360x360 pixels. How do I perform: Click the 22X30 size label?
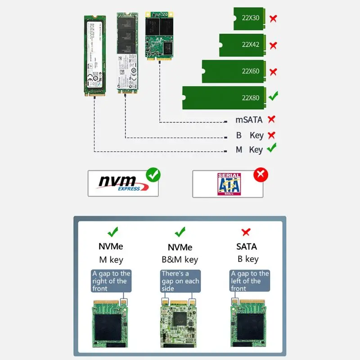(x=250, y=18)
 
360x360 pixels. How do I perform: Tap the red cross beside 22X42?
(x=273, y=45)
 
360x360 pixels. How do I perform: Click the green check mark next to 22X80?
(x=273, y=96)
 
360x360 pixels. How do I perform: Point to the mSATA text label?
(x=249, y=120)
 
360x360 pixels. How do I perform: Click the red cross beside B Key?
(x=271, y=135)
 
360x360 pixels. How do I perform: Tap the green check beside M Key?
(x=271, y=148)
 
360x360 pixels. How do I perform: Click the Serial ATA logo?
(x=229, y=184)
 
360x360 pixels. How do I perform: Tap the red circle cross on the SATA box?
(x=260, y=175)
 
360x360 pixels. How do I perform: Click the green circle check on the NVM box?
(x=153, y=175)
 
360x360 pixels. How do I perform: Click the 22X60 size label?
(x=250, y=71)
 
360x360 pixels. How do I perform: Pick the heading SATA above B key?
(x=247, y=247)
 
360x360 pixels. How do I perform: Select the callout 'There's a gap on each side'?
(x=180, y=281)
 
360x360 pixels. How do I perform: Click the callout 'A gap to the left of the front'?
(x=250, y=281)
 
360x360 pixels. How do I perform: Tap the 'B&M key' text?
(x=180, y=260)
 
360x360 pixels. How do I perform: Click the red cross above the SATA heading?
(x=246, y=232)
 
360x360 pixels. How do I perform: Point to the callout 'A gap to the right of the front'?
(x=111, y=281)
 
